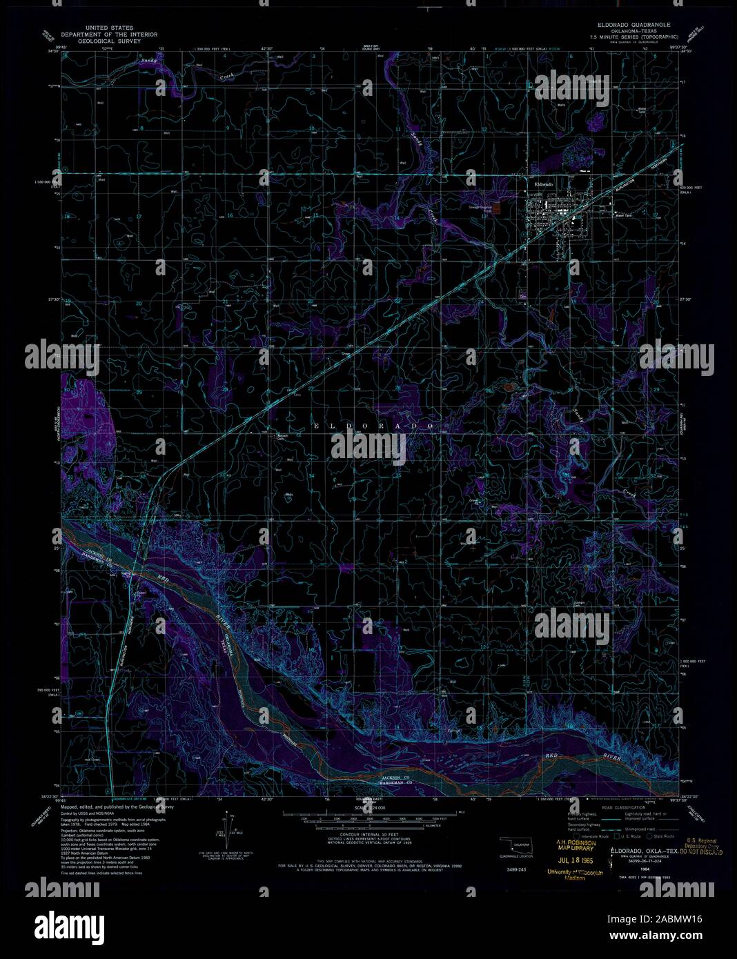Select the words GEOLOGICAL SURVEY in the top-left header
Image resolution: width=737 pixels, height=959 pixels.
[x=108, y=41]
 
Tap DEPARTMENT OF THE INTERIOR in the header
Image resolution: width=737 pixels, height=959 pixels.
[x=108, y=34]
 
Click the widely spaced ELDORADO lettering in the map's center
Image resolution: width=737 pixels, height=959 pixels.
[x=373, y=426]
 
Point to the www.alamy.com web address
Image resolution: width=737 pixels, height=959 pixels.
[x=663, y=936]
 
